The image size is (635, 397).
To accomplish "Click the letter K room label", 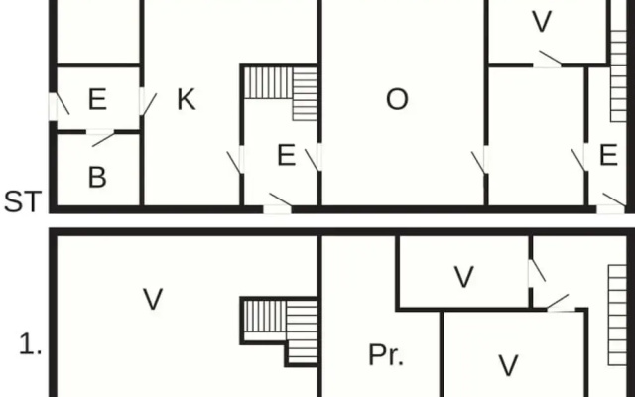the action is click(x=187, y=99).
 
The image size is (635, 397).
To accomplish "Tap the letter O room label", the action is click(x=397, y=99).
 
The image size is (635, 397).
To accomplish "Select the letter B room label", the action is click(x=97, y=177).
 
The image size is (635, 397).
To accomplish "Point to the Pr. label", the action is click(x=386, y=355).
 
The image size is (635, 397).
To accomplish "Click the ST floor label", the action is click(x=23, y=201).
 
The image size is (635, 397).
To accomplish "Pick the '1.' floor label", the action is click(x=31, y=345).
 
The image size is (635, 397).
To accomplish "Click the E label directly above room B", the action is click(x=97, y=99).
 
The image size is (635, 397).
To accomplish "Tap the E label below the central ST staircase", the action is click(x=287, y=155).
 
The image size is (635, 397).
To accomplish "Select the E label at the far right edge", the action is click(x=608, y=155).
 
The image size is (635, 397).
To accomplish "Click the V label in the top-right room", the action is click(x=542, y=22).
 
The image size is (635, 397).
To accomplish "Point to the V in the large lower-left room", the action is click(x=153, y=299).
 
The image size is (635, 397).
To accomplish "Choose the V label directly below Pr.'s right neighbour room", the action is click(x=509, y=365).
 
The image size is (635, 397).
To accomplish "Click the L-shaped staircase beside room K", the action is click(x=281, y=92).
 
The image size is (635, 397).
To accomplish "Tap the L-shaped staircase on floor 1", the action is click(x=281, y=331).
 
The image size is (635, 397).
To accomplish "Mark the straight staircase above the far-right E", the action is click(x=618, y=75).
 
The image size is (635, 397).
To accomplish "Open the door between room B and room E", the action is click(x=100, y=137).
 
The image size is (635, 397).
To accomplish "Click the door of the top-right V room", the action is click(x=548, y=60).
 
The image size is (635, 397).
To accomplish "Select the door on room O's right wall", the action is click(x=480, y=160).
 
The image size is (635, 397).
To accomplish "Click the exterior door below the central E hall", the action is click(x=278, y=202).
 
